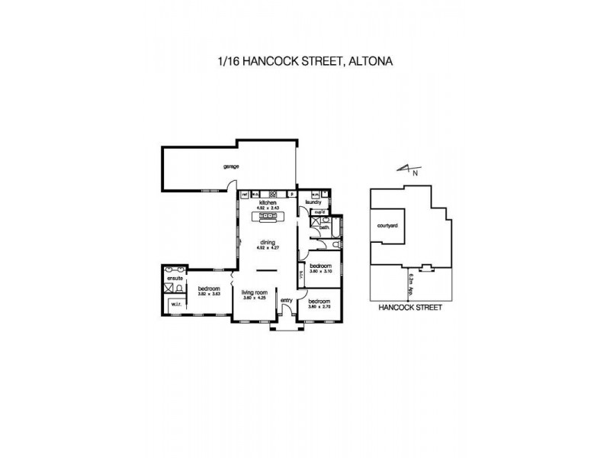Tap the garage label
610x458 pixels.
(231, 166)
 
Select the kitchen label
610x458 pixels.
(267, 202)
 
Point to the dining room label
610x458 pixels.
(266, 242)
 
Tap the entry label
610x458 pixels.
(287, 301)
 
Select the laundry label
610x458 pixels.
(311, 202)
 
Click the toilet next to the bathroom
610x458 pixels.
(336, 244)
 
